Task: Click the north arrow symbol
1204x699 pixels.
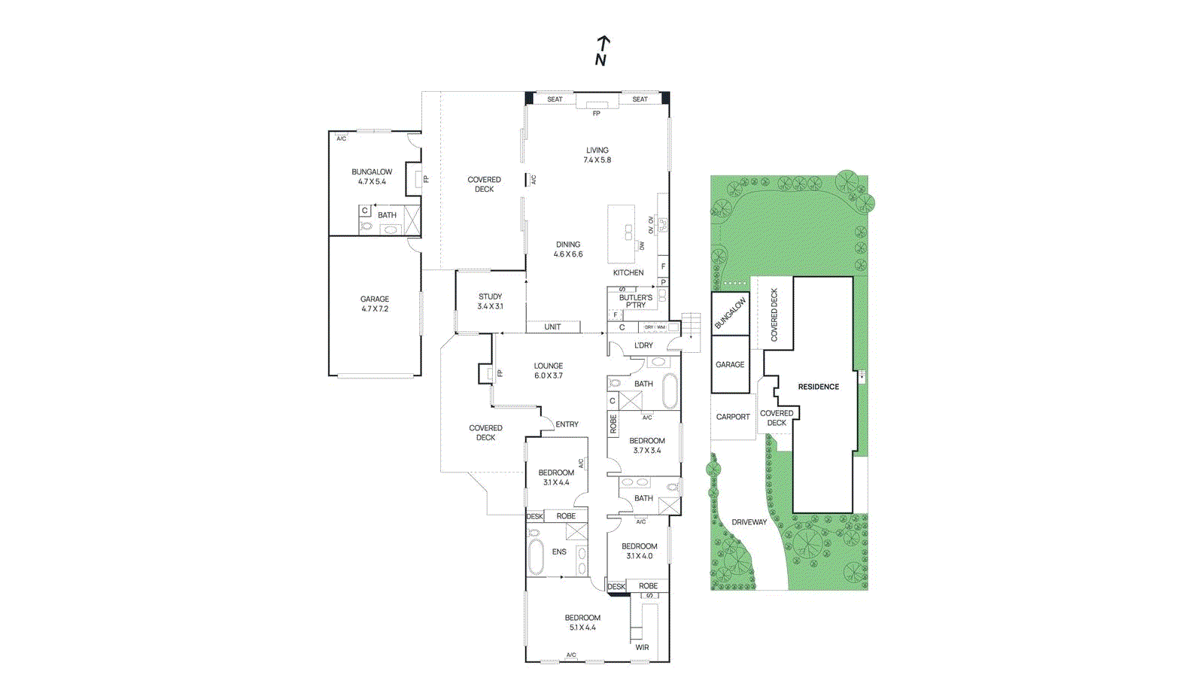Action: [602, 50]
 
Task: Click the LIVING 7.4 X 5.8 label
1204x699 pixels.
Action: [597, 155]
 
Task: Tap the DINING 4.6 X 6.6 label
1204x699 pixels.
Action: [568, 249]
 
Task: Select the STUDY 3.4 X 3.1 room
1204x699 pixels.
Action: [490, 301]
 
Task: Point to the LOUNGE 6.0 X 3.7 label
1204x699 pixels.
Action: [549, 370]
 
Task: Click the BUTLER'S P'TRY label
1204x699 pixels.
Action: [636, 301]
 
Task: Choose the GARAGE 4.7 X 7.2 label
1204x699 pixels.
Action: [375, 303]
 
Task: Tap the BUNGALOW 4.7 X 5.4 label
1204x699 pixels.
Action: [372, 176]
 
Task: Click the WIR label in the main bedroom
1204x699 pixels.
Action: [642, 647]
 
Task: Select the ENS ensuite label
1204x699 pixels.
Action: [559, 552]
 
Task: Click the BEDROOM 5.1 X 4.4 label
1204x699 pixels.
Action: [582, 622]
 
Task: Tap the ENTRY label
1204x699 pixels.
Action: [567, 424]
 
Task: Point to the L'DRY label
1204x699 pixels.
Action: [643, 345]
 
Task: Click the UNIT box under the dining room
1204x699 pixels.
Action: [553, 327]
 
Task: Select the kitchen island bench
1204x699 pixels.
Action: [622, 233]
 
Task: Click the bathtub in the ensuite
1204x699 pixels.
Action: [536, 558]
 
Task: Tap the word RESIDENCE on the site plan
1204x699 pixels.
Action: [818, 387]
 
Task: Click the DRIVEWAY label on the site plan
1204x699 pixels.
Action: [749, 522]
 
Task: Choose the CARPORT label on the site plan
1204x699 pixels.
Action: [733, 416]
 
